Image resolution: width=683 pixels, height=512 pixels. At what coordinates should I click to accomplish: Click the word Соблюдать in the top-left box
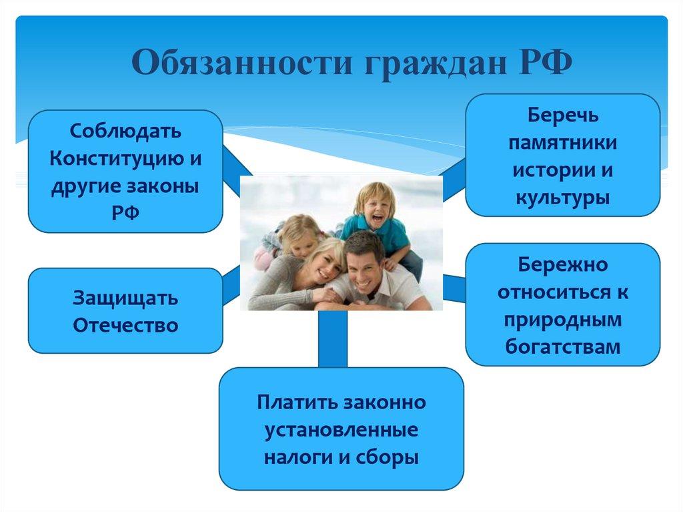tap(125, 132)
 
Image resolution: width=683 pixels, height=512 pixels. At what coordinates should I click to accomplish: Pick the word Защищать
tap(125, 299)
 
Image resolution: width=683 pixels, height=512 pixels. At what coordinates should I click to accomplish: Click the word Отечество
tap(125, 325)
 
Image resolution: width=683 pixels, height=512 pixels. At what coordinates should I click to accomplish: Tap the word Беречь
tap(563, 115)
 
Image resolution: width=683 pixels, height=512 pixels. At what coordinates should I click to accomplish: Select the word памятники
tap(563, 143)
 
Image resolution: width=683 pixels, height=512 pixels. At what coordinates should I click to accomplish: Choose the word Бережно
tap(563, 265)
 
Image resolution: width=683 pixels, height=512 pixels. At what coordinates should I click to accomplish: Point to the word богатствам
tap(563, 347)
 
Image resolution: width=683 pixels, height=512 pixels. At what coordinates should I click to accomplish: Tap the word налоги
tap(297, 458)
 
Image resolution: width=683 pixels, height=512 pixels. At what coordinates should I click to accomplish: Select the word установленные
tap(341, 431)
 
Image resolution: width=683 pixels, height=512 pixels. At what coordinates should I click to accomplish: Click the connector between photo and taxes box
tap(333, 339)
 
